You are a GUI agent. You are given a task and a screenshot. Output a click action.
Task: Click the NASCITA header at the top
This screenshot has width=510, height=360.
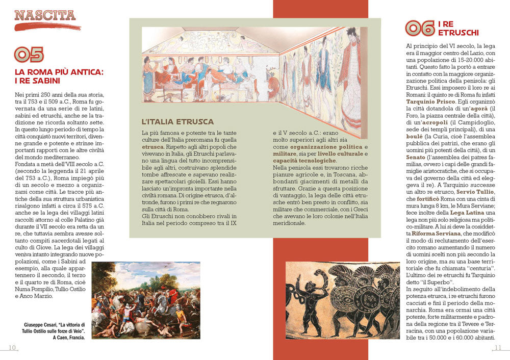point(45,15)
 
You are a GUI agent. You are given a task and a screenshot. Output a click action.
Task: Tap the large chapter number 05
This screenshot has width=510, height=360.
point(29,55)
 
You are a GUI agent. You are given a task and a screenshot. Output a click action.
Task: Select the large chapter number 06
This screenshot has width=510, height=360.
point(419,28)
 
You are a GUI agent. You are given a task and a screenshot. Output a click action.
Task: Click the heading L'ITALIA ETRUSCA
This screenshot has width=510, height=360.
point(178,122)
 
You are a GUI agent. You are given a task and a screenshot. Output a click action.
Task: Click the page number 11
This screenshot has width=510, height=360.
point(498,348)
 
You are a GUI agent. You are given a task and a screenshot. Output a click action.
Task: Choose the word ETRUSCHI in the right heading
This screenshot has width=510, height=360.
point(458,33)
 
